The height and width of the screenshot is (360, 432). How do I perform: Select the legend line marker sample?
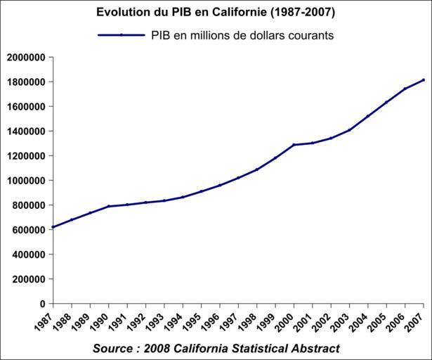tap(121, 34)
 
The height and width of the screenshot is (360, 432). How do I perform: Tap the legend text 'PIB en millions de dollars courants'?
tap(241, 34)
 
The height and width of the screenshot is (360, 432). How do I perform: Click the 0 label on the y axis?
tap(43, 304)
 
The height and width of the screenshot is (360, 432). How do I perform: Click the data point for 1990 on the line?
tap(109, 206)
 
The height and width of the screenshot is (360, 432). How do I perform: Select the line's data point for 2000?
tap(294, 145)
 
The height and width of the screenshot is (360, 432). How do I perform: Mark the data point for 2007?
tap(424, 79)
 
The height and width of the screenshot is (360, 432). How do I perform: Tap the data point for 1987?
tap(53, 227)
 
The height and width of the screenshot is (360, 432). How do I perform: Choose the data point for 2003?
tap(349, 130)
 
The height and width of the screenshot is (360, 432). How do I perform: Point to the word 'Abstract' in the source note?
tap(316, 349)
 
